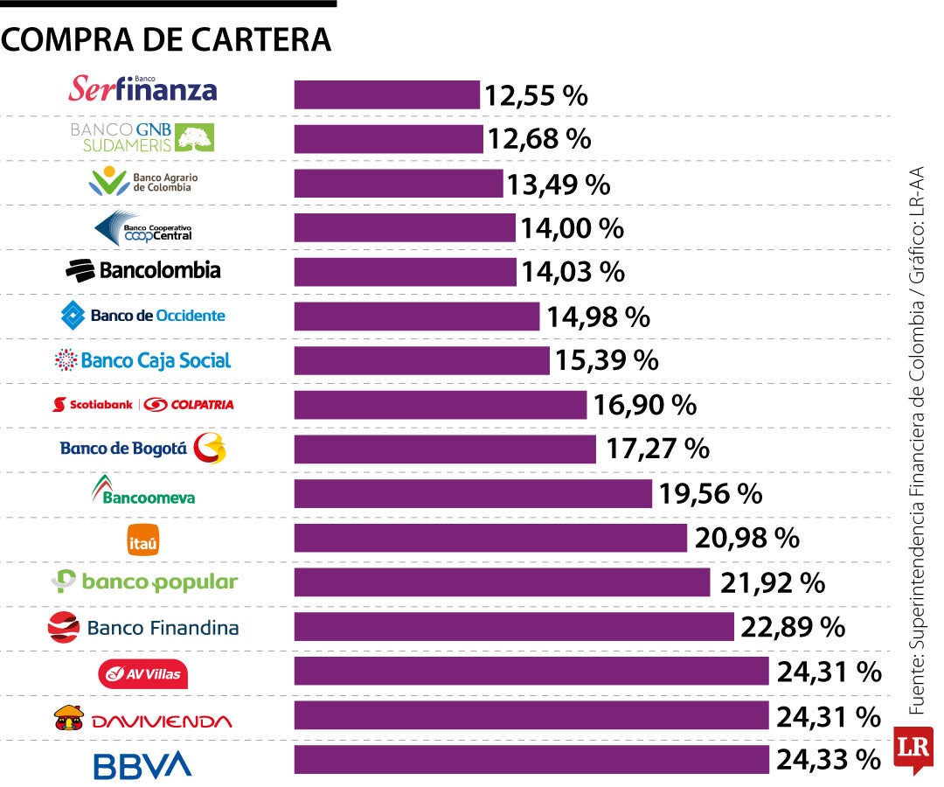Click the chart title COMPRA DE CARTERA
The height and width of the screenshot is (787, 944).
[166, 39]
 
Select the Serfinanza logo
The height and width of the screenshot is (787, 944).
[143, 88]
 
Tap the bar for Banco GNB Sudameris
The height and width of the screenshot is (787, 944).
[388, 139]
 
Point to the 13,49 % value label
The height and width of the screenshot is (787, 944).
[559, 185]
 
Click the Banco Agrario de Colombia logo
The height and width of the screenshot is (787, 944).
[145, 182]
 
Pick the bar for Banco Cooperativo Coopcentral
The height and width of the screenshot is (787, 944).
[405, 228]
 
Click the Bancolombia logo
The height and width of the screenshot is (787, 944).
[143, 270]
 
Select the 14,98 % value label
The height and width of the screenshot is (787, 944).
[599, 317]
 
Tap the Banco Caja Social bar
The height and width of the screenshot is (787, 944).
[421, 360]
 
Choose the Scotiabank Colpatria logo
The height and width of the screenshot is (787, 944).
[143, 405]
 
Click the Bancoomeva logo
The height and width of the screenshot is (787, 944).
[143, 491]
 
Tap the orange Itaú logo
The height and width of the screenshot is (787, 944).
[143, 540]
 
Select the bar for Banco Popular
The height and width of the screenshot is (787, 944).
[502, 582]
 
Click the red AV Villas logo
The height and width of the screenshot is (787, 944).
[143, 674]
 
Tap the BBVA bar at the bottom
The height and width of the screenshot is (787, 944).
[531, 760]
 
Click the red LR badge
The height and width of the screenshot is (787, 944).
[913, 749]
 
